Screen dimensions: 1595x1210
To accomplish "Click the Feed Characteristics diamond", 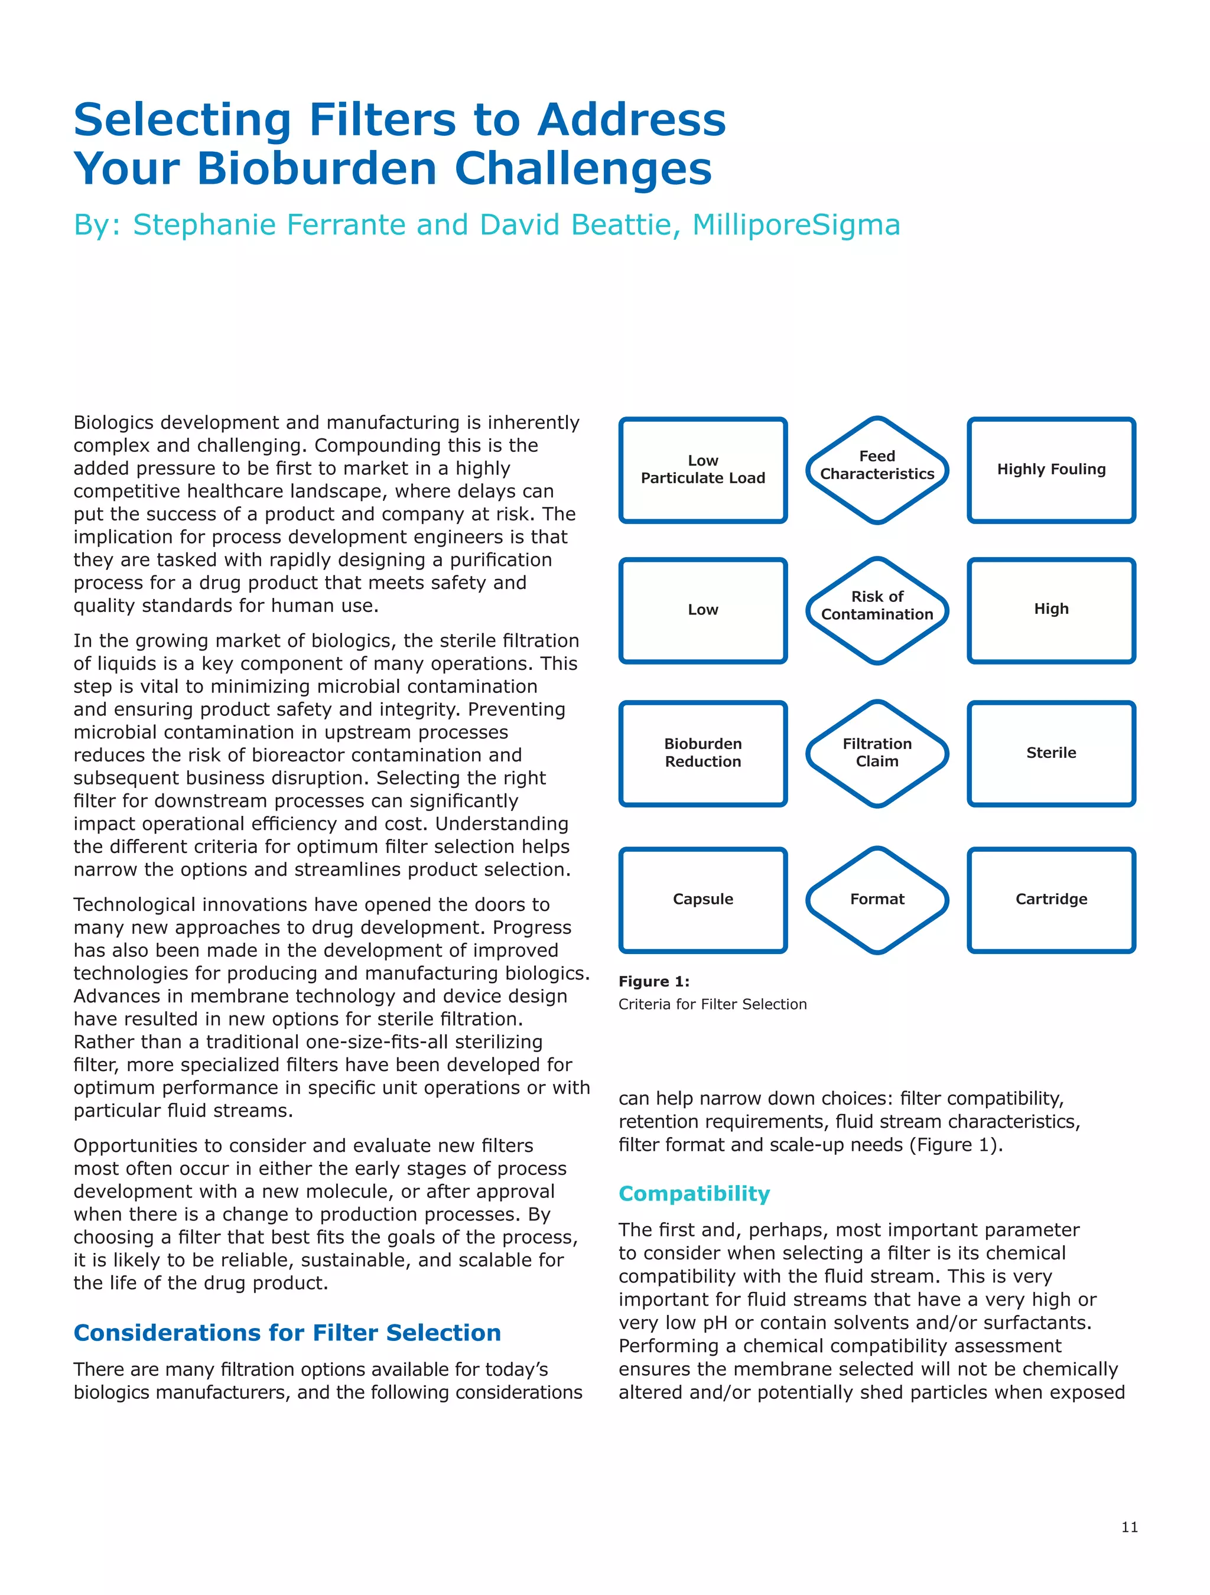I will (x=876, y=470).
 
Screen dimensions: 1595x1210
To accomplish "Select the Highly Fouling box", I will (x=1050, y=470).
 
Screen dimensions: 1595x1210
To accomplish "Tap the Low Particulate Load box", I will (x=702, y=470).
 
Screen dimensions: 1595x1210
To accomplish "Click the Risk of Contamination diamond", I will (x=876, y=610).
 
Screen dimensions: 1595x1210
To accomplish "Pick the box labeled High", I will (x=1050, y=610).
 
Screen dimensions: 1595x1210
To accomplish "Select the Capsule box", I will (x=702, y=899).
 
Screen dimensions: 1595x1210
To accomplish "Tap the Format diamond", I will (x=876, y=899).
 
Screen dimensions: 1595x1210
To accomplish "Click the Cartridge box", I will (x=1050, y=899).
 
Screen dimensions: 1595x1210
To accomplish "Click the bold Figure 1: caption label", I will (x=653, y=981).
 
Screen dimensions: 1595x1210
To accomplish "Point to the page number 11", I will (x=1128, y=1526).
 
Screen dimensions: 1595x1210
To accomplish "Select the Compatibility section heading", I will (x=694, y=1193).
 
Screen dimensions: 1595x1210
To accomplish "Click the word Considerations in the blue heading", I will (x=167, y=1333).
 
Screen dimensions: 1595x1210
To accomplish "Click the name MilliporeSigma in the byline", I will (x=795, y=225).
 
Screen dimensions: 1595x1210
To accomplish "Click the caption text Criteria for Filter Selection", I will (x=712, y=1004).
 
